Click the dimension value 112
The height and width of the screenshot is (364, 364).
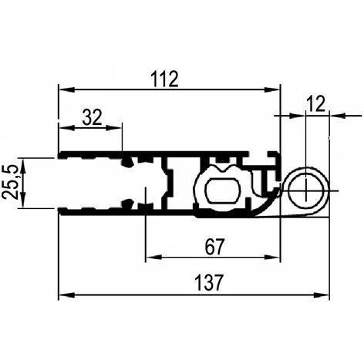click(164, 79)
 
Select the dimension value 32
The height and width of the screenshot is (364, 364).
click(92, 117)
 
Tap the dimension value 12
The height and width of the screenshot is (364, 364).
click(316, 104)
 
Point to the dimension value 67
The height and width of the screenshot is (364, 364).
click(214, 247)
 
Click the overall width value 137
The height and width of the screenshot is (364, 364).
click(208, 283)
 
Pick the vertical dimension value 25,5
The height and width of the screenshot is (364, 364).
click(10, 183)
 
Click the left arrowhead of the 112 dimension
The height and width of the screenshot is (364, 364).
click(66, 89)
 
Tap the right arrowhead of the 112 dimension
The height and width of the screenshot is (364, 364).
click(272, 89)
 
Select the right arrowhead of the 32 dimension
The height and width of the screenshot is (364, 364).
click(113, 127)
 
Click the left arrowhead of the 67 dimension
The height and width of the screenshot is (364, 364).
click(153, 257)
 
